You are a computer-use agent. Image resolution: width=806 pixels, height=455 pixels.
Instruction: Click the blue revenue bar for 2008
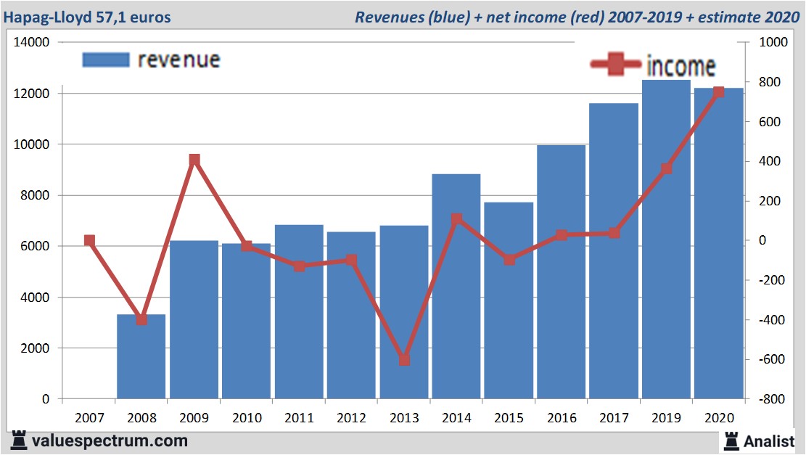pyautogui.click(x=141, y=363)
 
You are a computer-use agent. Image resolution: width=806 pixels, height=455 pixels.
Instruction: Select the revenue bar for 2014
pyautogui.click(x=456, y=305)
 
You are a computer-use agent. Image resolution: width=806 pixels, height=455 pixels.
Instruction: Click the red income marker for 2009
pyautogui.click(x=194, y=160)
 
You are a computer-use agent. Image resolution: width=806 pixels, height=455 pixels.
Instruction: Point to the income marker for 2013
pyautogui.click(x=404, y=360)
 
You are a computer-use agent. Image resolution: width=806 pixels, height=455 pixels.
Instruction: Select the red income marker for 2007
pyautogui.click(x=89, y=241)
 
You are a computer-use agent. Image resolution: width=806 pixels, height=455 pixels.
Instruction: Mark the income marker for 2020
pyautogui.click(x=718, y=92)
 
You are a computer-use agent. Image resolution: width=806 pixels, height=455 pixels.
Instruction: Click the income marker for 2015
pyautogui.click(x=509, y=260)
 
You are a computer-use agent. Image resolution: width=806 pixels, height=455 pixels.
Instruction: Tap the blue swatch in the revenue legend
pyautogui.click(x=106, y=60)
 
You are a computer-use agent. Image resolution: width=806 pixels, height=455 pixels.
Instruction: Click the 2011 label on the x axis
pyautogui.click(x=299, y=418)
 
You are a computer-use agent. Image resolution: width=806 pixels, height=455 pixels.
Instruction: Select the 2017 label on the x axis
pyautogui.click(x=614, y=418)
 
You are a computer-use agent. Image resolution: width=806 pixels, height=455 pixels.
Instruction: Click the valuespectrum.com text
pyautogui.click(x=109, y=440)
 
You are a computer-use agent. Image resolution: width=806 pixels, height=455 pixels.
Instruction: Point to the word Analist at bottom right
pyautogui.click(x=769, y=440)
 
